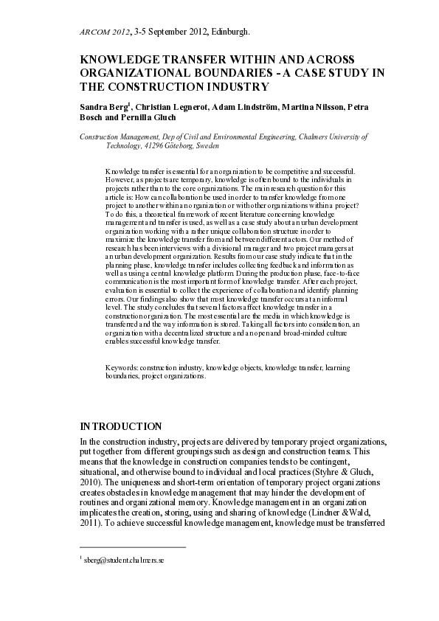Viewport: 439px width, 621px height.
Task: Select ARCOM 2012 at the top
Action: [x=103, y=32]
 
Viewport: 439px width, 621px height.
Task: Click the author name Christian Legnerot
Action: [x=170, y=107]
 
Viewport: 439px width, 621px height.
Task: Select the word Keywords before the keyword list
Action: [x=122, y=367]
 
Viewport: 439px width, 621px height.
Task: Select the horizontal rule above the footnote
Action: [x=132, y=547]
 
